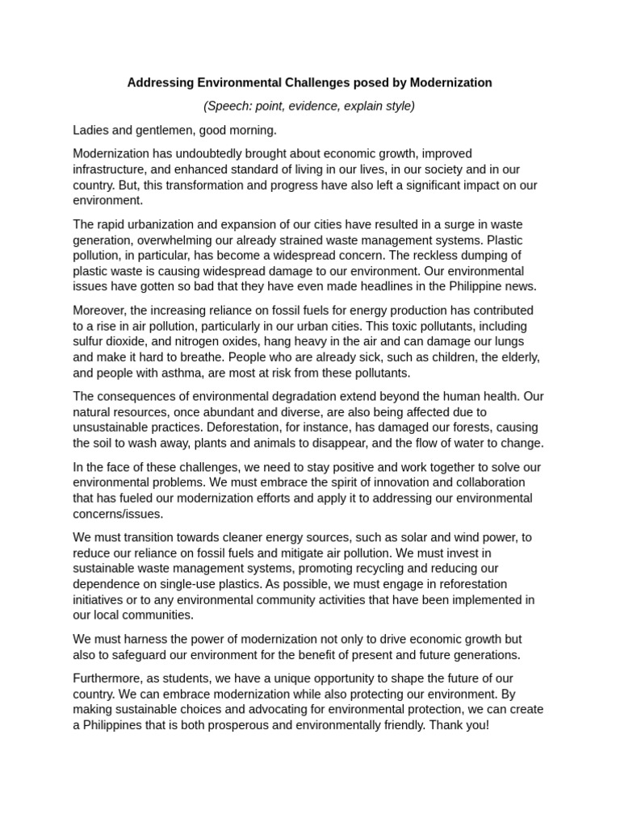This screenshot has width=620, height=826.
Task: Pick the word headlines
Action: pyautogui.click(x=361, y=286)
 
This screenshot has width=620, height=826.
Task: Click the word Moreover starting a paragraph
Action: pyautogui.click(x=99, y=311)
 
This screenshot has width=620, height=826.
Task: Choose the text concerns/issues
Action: pyautogui.click(x=118, y=514)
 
